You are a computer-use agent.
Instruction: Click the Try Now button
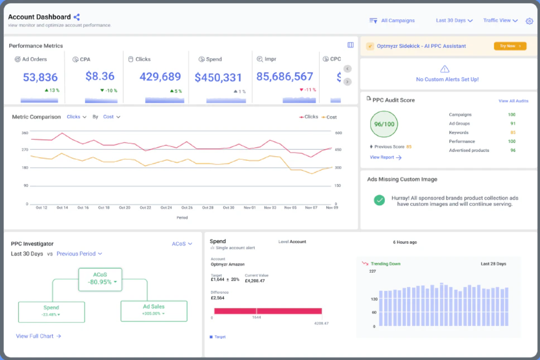point(510,46)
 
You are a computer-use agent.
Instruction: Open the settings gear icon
point(529,21)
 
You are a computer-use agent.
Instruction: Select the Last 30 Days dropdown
point(454,20)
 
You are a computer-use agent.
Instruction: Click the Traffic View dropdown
point(500,20)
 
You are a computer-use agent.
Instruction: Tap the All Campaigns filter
point(392,20)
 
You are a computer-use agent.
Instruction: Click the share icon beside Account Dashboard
point(77,17)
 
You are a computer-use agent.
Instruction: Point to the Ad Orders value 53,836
point(40,77)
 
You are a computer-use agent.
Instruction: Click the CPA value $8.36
point(100,76)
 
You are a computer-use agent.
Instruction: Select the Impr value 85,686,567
point(285,77)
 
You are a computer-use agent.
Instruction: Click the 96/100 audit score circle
point(384,124)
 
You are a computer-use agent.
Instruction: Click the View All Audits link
point(513,101)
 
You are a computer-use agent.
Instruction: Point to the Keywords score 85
point(513,132)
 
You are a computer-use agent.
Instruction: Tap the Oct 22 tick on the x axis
point(145,208)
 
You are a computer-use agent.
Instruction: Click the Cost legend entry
point(329,117)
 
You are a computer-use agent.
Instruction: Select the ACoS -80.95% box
point(100,279)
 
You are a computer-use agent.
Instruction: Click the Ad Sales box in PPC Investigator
point(154,311)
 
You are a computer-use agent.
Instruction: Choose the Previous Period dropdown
point(79,254)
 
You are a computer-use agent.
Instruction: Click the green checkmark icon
point(379,200)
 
